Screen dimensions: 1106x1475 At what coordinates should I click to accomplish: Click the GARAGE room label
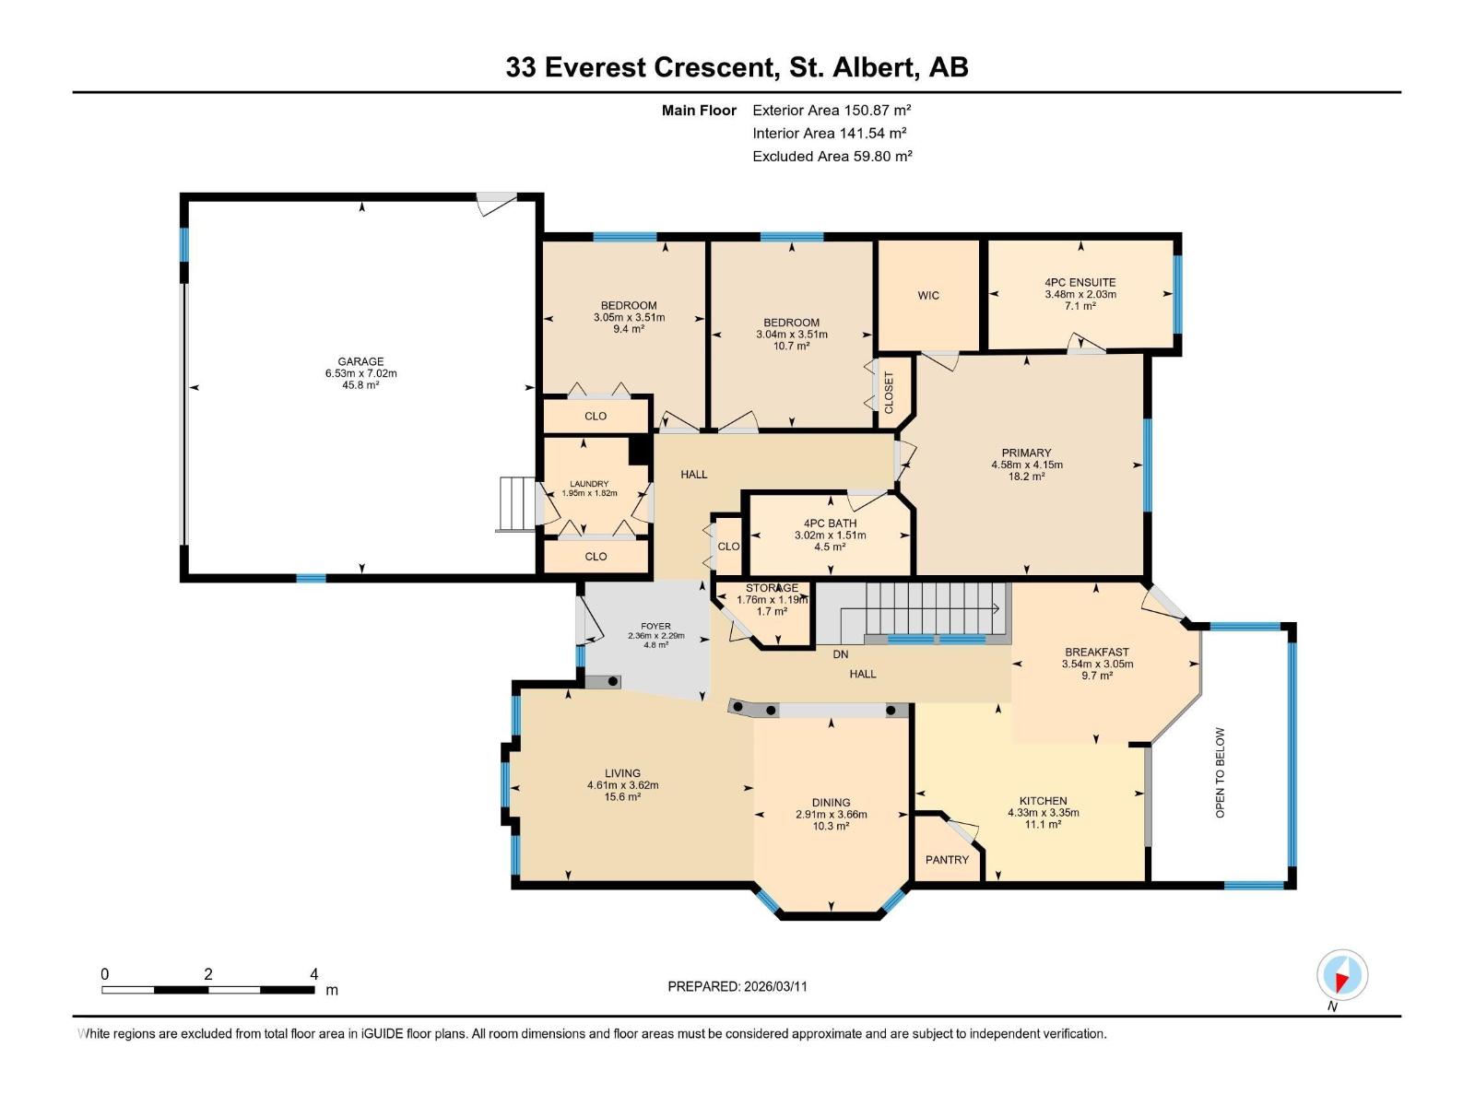point(360,361)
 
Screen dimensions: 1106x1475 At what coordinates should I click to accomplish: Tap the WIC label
point(928,295)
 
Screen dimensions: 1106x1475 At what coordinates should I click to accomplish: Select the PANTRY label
point(947,859)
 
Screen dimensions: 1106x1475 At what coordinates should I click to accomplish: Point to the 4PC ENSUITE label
point(1080,282)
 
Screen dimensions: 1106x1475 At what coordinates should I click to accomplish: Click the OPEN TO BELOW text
point(1220,772)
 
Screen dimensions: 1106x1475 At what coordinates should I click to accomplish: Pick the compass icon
point(1341,975)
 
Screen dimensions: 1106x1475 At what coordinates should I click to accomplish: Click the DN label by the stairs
point(840,654)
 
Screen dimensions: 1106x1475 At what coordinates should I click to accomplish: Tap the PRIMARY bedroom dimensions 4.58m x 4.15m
point(1026,465)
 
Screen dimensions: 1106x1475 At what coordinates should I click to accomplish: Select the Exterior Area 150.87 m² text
point(832,110)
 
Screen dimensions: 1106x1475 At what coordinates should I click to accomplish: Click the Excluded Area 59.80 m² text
point(832,156)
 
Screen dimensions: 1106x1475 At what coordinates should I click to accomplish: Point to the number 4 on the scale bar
point(313,974)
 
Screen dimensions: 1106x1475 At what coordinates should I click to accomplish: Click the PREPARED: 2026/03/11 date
point(737,986)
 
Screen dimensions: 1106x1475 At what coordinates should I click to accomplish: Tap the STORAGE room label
point(772,588)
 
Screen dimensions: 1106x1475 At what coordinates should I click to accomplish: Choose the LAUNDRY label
point(589,483)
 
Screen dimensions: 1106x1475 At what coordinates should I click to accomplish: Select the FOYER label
point(655,626)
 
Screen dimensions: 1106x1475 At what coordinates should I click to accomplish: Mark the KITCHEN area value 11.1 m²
point(1043,824)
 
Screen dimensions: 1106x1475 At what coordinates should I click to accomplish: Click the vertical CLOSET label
point(890,392)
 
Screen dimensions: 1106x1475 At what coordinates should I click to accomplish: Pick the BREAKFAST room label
point(1096,652)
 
